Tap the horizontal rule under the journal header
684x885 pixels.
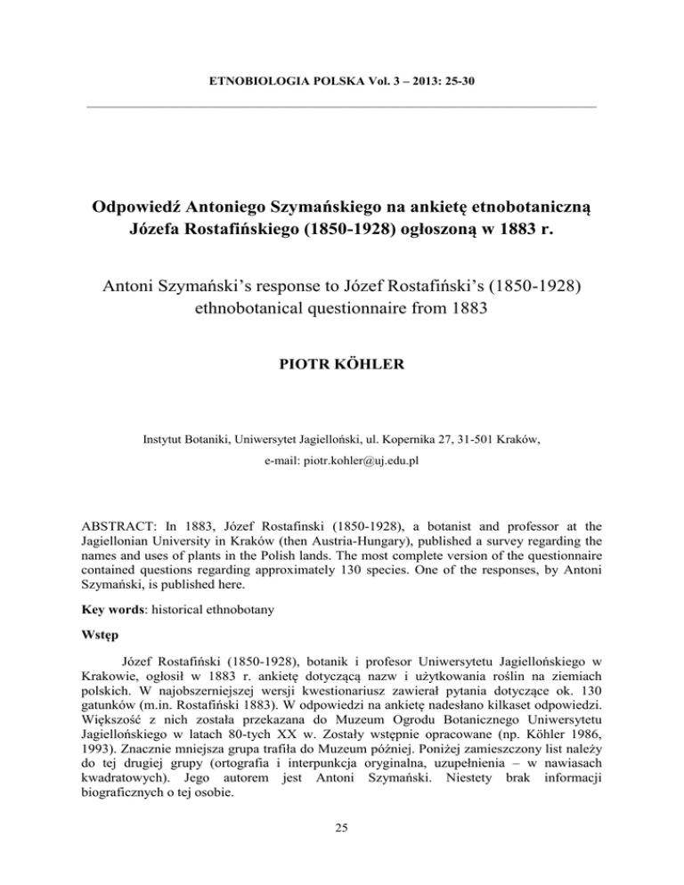coord(342,110)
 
